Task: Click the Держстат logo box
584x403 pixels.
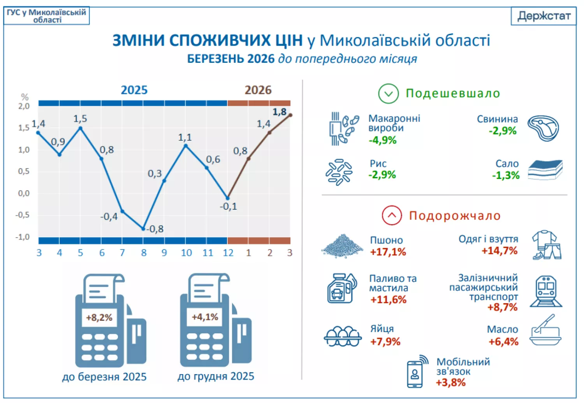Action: click(544, 16)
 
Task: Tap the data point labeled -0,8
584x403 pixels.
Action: click(143, 229)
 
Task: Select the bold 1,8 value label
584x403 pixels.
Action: click(279, 112)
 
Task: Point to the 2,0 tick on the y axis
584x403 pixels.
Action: click(24, 106)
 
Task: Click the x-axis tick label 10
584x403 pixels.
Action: click(186, 253)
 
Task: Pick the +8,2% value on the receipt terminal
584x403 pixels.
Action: click(99, 318)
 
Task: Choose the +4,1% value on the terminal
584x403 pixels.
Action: click(205, 317)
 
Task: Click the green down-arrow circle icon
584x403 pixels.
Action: click(388, 94)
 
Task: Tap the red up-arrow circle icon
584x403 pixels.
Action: click(392, 216)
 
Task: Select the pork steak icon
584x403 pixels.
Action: click(544, 128)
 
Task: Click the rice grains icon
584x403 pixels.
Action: click(339, 172)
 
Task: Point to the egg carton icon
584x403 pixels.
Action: click(342, 336)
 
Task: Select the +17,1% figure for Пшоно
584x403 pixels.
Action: click(388, 252)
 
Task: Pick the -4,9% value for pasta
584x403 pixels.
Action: click(382, 140)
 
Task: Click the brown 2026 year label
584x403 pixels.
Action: click(258, 90)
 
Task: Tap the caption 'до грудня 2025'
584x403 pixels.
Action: click(216, 376)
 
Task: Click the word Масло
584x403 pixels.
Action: click(502, 329)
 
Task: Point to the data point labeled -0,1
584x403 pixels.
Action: click(228, 198)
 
